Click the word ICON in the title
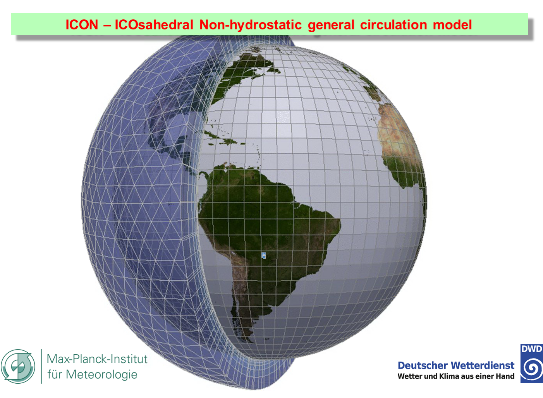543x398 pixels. tap(82, 25)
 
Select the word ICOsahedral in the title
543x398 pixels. tap(154, 25)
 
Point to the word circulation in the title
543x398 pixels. tap(394, 25)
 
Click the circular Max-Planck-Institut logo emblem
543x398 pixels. tap(18, 366)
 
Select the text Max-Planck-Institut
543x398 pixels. tap(97, 359)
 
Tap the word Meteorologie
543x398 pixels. tap(102, 375)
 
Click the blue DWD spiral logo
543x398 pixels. tap(532, 364)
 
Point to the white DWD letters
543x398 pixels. tap(532, 349)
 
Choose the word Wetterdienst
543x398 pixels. tap(483, 365)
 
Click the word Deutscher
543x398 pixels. tap(423, 365)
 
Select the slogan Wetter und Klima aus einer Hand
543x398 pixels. tap(456, 376)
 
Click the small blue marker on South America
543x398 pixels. tap(264, 256)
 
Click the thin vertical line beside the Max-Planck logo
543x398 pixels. tap(41, 366)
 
